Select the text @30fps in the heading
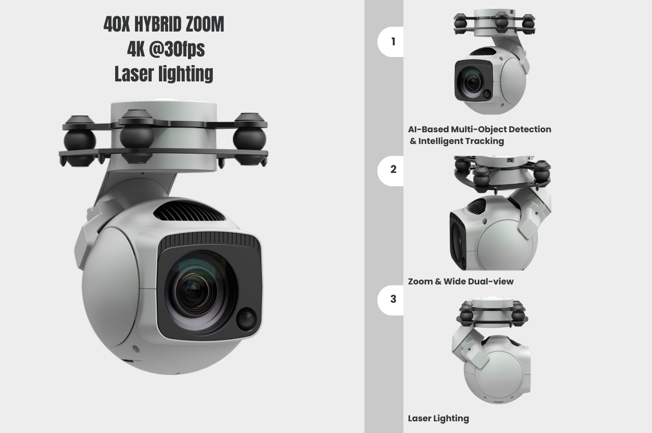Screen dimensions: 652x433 tap(177, 49)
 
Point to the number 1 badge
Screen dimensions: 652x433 tap(391, 42)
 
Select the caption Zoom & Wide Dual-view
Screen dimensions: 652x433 tap(461, 281)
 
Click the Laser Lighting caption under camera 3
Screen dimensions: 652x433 tap(439, 418)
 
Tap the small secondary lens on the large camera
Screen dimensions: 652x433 tap(246, 319)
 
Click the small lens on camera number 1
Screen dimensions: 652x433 tap(486, 94)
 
